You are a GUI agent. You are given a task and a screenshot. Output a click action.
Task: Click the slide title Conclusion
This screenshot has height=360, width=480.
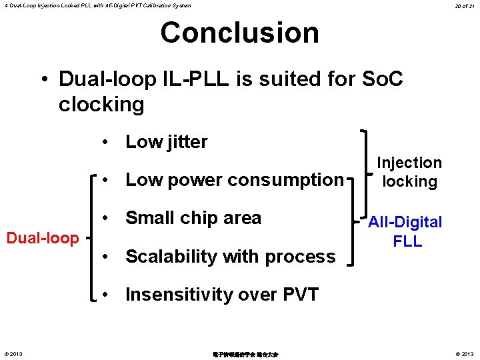(x=239, y=33)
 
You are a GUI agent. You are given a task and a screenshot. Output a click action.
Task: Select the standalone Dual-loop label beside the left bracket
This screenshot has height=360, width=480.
(x=43, y=238)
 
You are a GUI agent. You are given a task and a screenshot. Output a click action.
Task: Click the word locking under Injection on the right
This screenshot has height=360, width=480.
(x=409, y=181)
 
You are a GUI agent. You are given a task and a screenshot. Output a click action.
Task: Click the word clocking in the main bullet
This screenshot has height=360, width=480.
(x=101, y=105)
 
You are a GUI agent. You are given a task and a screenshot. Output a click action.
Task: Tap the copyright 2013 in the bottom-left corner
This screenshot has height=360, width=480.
(x=13, y=353)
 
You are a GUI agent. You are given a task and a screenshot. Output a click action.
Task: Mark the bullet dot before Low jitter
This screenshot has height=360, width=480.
(x=106, y=143)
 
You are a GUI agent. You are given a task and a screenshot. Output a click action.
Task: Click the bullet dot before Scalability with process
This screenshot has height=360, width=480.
(x=106, y=257)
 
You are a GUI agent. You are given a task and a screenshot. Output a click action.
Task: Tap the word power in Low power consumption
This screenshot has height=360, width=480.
(x=194, y=180)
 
